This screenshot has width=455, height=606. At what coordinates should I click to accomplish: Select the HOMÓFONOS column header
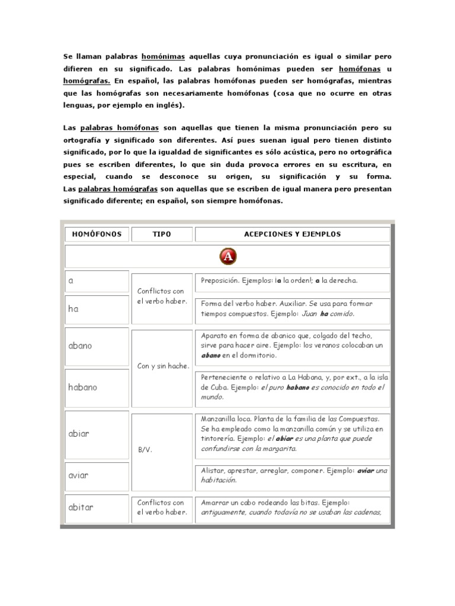97,234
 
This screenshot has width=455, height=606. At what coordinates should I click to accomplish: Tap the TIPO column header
161,234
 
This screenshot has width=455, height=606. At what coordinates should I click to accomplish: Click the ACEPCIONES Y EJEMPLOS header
292,234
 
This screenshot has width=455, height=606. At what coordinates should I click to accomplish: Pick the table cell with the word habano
97,388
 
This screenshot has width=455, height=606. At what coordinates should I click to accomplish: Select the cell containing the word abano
97,346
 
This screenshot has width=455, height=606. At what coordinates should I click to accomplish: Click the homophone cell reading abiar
97,433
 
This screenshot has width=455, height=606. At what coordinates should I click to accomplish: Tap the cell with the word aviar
97,476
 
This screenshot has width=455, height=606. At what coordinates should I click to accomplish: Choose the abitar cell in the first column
97,507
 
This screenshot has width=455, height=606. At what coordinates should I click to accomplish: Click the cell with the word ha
97,308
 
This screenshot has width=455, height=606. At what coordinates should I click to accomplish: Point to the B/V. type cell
161,449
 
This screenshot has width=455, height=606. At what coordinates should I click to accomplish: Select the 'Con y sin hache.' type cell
161,366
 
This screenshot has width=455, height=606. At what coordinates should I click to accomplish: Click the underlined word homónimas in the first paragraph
163,57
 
